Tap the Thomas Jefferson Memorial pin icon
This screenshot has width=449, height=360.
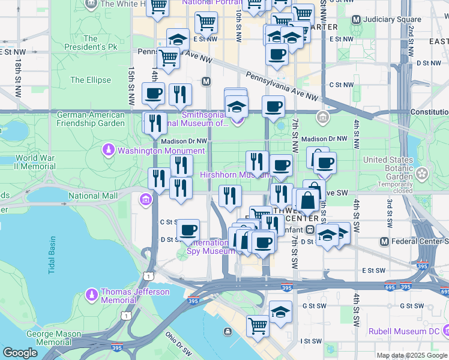pos(91,295)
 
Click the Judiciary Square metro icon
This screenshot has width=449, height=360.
pos(356,19)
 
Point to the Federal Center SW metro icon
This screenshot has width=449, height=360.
pos(384,241)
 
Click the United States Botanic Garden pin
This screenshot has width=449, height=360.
pos(423,174)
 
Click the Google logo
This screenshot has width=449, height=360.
pos(20,353)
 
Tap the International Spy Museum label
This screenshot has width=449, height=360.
pos(208,247)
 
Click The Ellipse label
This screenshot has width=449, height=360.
pos(91,80)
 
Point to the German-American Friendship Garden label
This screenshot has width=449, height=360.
pos(91,119)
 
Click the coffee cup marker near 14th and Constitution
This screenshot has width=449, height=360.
pos(153,94)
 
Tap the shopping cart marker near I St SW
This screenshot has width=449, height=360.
pos(258,326)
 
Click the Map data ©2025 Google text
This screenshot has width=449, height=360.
pos(412,355)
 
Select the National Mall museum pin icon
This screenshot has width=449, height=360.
pos(145,199)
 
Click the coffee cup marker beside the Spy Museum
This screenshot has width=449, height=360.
pos(188,230)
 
